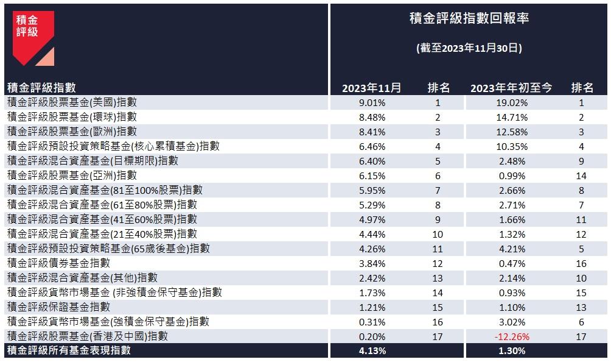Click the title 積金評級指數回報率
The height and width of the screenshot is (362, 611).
pyautogui.click(x=469, y=19)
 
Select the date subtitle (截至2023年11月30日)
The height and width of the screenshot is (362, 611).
pyautogui.click(x=469, y=48)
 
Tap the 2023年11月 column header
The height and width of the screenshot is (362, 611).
pyautogui.click(x=372, y=88)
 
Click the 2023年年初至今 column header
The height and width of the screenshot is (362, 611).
pyautogui.click(x=511, y=88)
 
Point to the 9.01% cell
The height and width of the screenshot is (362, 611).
pyautogui.click(x=372, y=103)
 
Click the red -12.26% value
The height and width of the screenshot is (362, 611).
pyautogui.click(x=512, y=336)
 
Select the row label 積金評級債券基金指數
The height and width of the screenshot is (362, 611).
pyautogui.click(x=58, y=263)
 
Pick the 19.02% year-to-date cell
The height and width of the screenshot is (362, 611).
pyautogui.click(x=512, y=103)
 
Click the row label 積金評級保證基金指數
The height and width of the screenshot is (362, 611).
pyautogui.click(x=58, y=307)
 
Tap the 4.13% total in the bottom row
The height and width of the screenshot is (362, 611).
pyautogui.click(x=372, y=351)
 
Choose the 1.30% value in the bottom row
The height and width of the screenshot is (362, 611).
pyautogui.click(x=512, y=351)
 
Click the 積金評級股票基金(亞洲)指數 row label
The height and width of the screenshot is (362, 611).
pyautogui.click(x=72, y=176)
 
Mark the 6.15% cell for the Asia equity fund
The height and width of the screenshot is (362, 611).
pyautogui.click(x=372, y=176)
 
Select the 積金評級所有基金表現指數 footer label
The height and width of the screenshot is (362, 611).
pyautogui.click(x=68, y=351)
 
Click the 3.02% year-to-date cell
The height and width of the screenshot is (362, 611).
pyautogui.click(x=512, y=321)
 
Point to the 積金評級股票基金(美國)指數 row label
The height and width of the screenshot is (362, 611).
pyautogui.click(x=72, y=103)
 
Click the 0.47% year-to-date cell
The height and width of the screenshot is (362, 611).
pyautogui.click(x=512, y=263)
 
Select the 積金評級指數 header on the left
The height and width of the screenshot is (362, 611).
pyautogui.click(x=41, y=88)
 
